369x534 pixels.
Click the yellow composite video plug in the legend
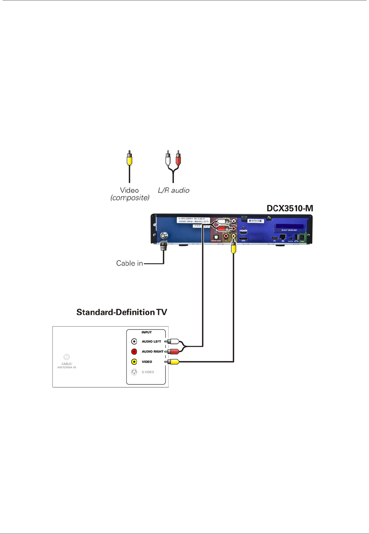click(x=130, y=159)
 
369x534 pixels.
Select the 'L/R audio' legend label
click(x=175, y=191)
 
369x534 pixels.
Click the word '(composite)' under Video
click(x=130, y=198)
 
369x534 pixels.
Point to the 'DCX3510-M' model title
click(x=290, y=207)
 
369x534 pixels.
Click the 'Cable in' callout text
click(x=129, y=264)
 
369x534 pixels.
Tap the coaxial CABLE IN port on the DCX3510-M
click(x=164, y=236)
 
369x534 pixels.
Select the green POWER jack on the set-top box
click(x=307, y=238)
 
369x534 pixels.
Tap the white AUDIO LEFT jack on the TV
click(x=134, y=341)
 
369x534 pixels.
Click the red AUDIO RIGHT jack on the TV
click(x=134, y=351)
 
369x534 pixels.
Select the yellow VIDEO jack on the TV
click(x=134, y=362)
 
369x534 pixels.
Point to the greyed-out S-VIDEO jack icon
click(x=134, y=372)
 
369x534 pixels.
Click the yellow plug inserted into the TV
click(x=173, y=362)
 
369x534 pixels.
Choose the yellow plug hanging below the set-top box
click(x=233, y=249)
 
